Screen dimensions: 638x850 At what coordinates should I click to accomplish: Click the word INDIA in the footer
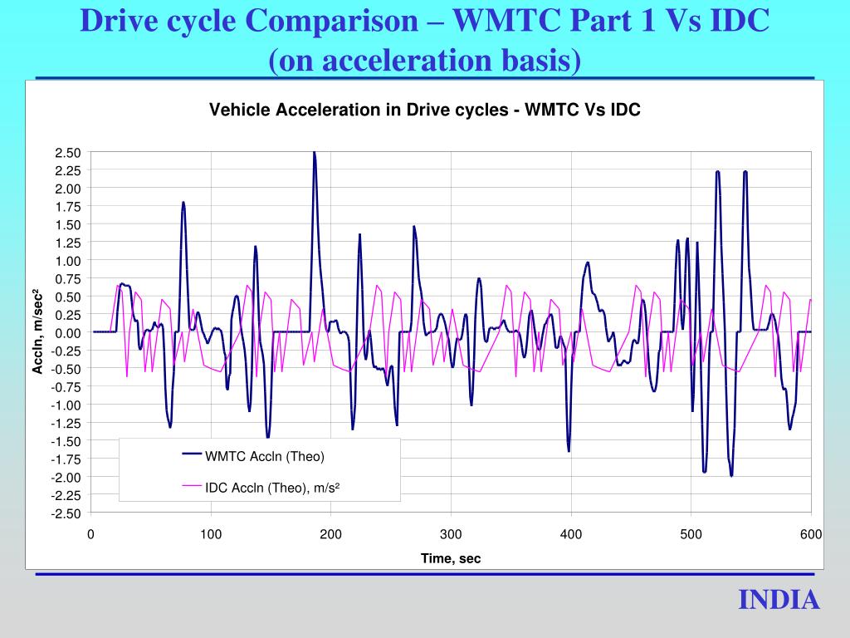click(779, 600)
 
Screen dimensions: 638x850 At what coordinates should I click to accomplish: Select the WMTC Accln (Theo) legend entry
click(265, 456)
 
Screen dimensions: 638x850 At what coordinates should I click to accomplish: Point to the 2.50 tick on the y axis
click(68, 152)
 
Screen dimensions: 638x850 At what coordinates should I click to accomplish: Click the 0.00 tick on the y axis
click(68, 332)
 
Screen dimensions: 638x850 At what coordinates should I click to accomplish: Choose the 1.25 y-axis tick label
click(68, 243)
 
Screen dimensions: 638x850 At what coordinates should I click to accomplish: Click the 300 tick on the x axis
click(451, 534)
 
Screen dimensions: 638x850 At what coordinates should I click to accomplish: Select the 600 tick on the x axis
click(811, 534)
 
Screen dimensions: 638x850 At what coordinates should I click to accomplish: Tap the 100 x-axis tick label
click(211, 534)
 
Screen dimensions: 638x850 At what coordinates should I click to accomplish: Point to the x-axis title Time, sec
click(451, 558)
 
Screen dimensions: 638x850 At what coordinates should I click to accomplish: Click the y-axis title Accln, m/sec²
click(37, 331)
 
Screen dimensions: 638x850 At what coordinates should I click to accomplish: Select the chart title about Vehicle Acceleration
click(424, 110)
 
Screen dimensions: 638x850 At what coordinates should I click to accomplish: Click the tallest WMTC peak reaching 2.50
click(314, 154)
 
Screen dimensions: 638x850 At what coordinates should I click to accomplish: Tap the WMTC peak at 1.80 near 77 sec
click(183, 204)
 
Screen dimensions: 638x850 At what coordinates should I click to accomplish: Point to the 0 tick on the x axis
click(90, 534)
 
